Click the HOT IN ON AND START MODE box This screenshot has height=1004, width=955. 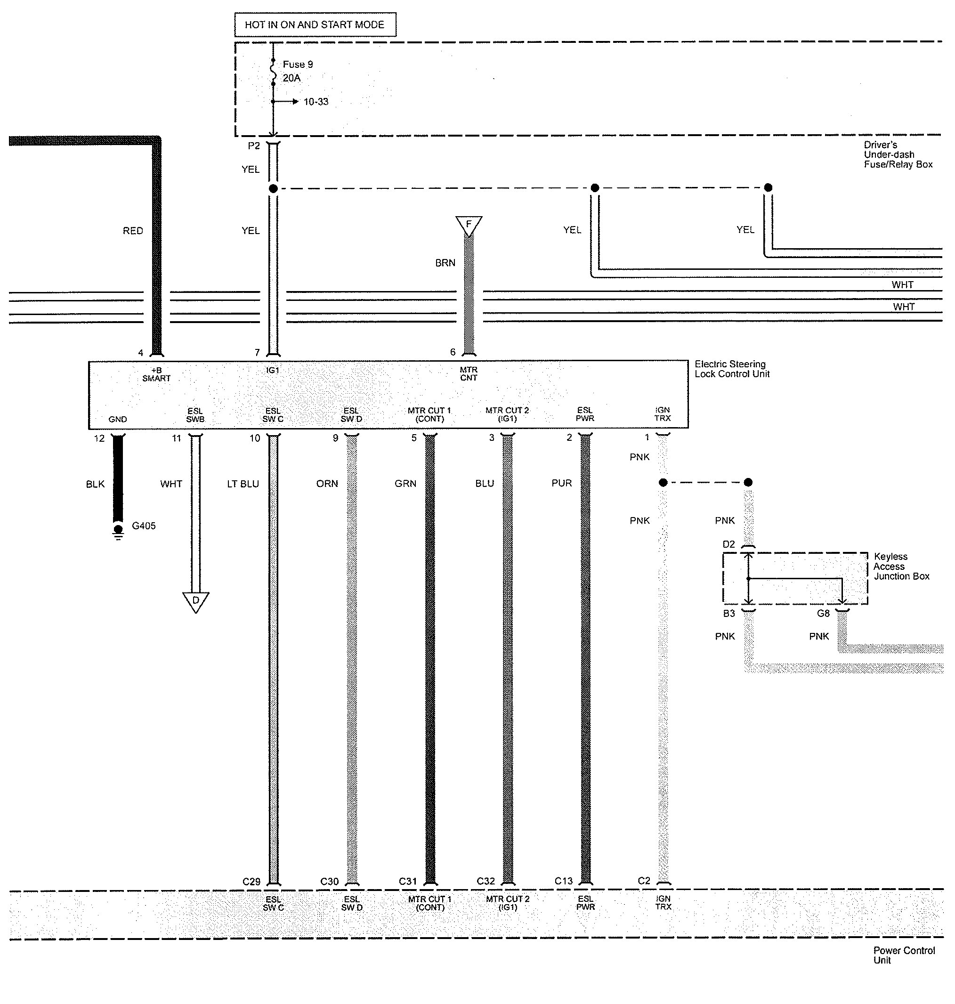click(315, 24)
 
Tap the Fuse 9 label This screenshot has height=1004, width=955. click(298, 65)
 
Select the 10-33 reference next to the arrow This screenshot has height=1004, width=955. click(316, 102)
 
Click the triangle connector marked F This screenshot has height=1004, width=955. click(469, 225)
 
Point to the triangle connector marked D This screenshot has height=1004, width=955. click(195, 601)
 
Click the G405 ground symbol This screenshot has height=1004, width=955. click(118, 531)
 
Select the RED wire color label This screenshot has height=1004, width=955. click(133, 231)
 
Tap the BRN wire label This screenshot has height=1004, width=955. click(445, 263)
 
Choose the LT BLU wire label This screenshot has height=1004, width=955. click(243, 484)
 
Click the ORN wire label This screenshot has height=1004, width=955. click(327, 484)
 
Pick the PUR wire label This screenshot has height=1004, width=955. click(561, 483)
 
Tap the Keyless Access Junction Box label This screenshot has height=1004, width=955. click(901, 567)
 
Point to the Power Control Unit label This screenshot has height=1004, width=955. click(904, 955)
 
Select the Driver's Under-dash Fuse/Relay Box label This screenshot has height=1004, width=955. click(898, 155)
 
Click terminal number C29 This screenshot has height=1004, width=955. click(251, 881)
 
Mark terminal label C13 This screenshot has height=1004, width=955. click(564, 881)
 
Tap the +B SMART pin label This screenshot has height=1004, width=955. click(156, 374)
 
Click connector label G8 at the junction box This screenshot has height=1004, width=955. click(823, 614)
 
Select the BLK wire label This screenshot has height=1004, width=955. click(95, 484)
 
